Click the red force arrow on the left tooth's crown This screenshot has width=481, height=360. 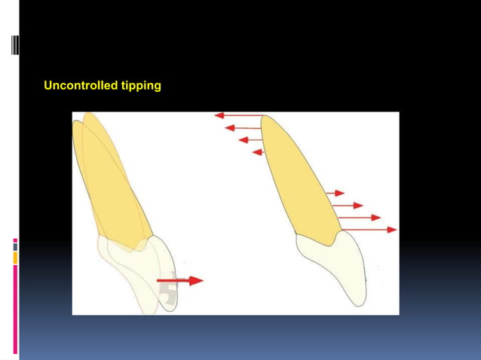tap(179, 280)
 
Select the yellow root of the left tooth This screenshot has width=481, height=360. tap(113, 181)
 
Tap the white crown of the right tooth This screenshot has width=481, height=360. tap(335, 264)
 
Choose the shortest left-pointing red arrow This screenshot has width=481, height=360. tap(257, 152)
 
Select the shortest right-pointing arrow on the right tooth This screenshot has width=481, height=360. tap(335, 194)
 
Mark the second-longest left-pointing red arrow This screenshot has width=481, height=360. tap(244, 128)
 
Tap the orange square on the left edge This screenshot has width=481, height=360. tap(15, 258)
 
